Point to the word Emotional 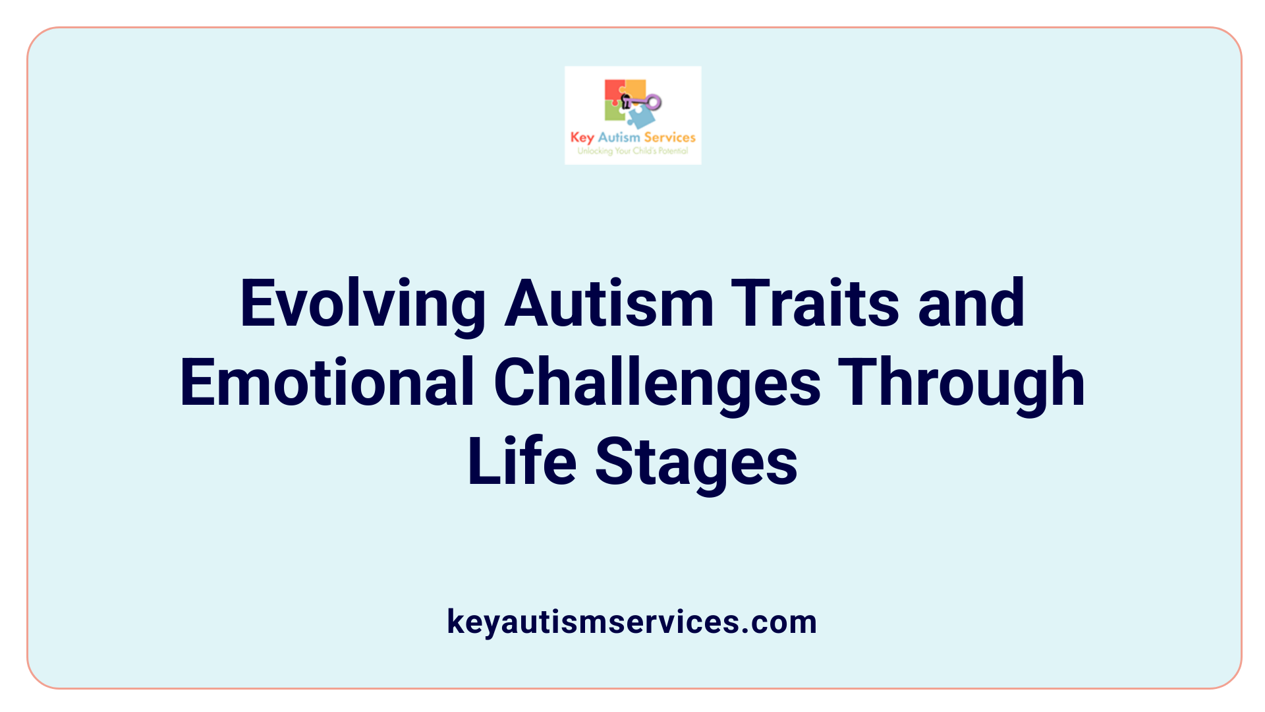tap(327, 382)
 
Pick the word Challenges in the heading tap(657, 382)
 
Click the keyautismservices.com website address tap(632, 622)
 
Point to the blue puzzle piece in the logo tap(641, 117)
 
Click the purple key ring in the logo tap(653, 102)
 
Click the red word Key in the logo tap(582, 137)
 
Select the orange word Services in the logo tap(669, 137)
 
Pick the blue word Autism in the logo tap(619, 137)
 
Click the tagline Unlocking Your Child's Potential tap(632, 151)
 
